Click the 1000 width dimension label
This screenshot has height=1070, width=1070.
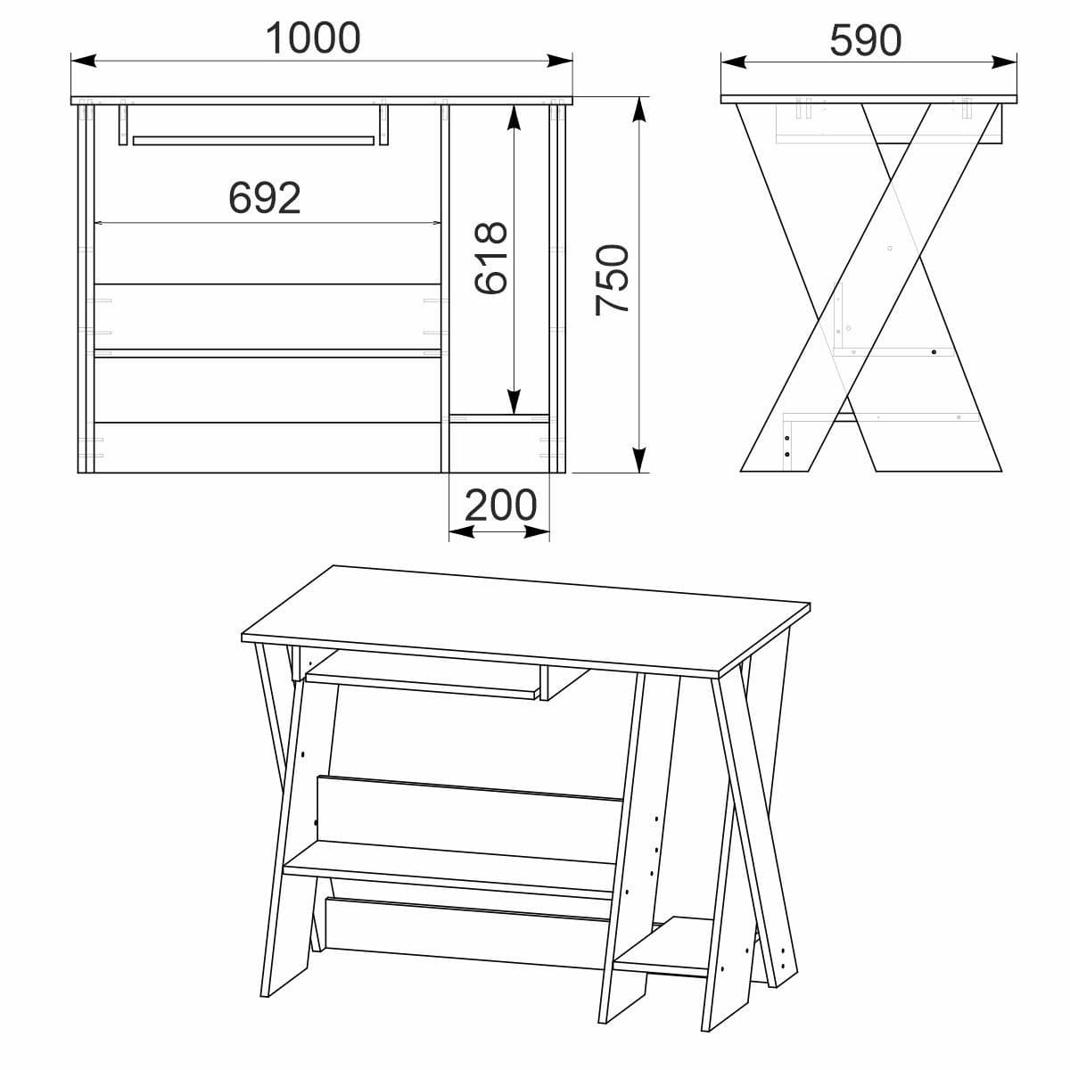click(313, 38)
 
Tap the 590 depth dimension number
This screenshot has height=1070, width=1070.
click(866, 40)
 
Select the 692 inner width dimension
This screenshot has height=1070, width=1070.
click(265, 198)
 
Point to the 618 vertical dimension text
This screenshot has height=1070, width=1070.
click(490, 258)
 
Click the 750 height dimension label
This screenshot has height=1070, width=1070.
click(613, 278)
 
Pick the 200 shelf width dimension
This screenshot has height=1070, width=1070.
click(500, 506)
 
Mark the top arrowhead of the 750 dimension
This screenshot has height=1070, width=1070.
click(638, 107)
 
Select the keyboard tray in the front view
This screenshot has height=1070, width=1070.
click(253, 140)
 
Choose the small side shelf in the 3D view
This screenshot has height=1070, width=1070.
click(665, 944)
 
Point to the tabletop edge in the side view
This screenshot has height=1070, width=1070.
click(869, 98)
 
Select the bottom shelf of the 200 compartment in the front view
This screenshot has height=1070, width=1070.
click(498, 416)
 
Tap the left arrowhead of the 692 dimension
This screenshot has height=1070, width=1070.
click(101, 223)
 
